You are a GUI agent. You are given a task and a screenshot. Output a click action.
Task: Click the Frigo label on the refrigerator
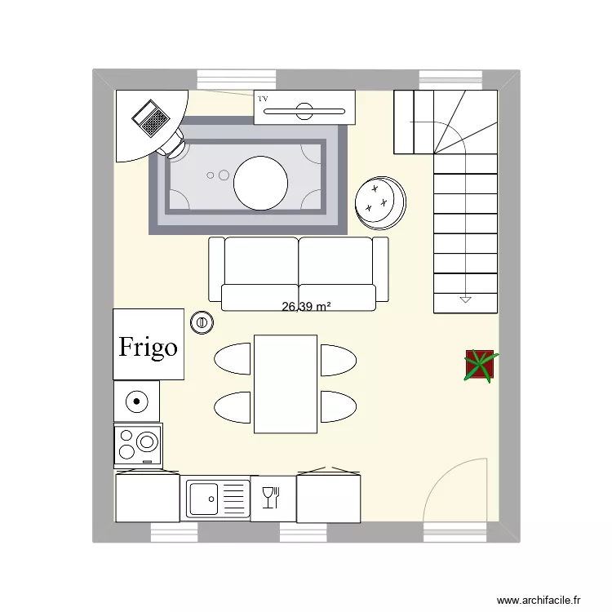tap(149, 347)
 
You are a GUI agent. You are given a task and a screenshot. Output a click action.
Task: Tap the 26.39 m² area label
tap(306, 308)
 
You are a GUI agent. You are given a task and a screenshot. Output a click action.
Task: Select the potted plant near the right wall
tap(479, 365)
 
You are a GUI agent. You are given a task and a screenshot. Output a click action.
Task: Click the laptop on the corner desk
tap(150, 118)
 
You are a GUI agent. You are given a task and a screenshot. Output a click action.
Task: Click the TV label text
tap(263, 99)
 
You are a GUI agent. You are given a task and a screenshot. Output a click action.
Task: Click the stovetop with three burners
tap(138, 445)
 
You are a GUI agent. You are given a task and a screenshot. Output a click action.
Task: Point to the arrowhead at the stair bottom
tap(465, 299)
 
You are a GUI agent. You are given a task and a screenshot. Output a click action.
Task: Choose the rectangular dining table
tap(285, 384)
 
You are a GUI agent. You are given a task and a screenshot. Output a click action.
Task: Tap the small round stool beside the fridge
tap(202, 322)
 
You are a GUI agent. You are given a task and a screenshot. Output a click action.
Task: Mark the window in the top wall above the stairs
tap(447, 79)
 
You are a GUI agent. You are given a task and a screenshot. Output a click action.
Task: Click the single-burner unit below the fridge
tap(136, 401)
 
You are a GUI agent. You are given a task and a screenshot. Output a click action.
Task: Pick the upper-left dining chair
tap(233, 359)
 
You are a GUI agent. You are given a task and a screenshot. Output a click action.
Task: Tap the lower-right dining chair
tap(338, 406)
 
